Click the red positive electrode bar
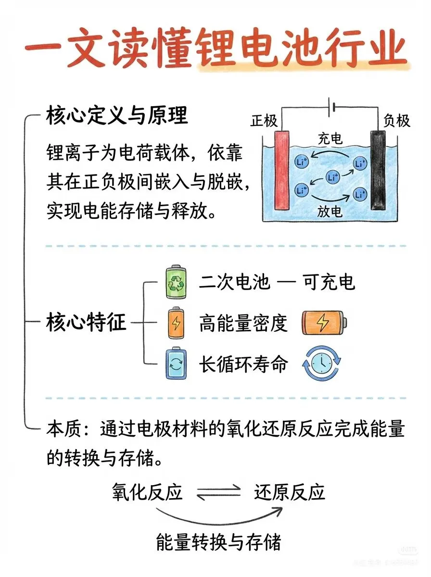(281, 170)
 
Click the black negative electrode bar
(379, 170)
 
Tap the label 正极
(264, 121)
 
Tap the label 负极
(397, 121)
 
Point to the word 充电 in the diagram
(330, 139)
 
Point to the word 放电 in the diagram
(330, 212)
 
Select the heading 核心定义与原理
(117, 116)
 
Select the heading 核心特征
(87, 323)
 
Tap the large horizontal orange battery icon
(324, 323)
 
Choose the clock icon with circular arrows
(321, 364)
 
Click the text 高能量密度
(243, 324)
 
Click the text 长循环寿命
(243, 364)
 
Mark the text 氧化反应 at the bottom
(147, 492)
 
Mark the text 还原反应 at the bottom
(290, 492)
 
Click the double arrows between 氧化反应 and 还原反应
(218, 492)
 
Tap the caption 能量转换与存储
(218, 542)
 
